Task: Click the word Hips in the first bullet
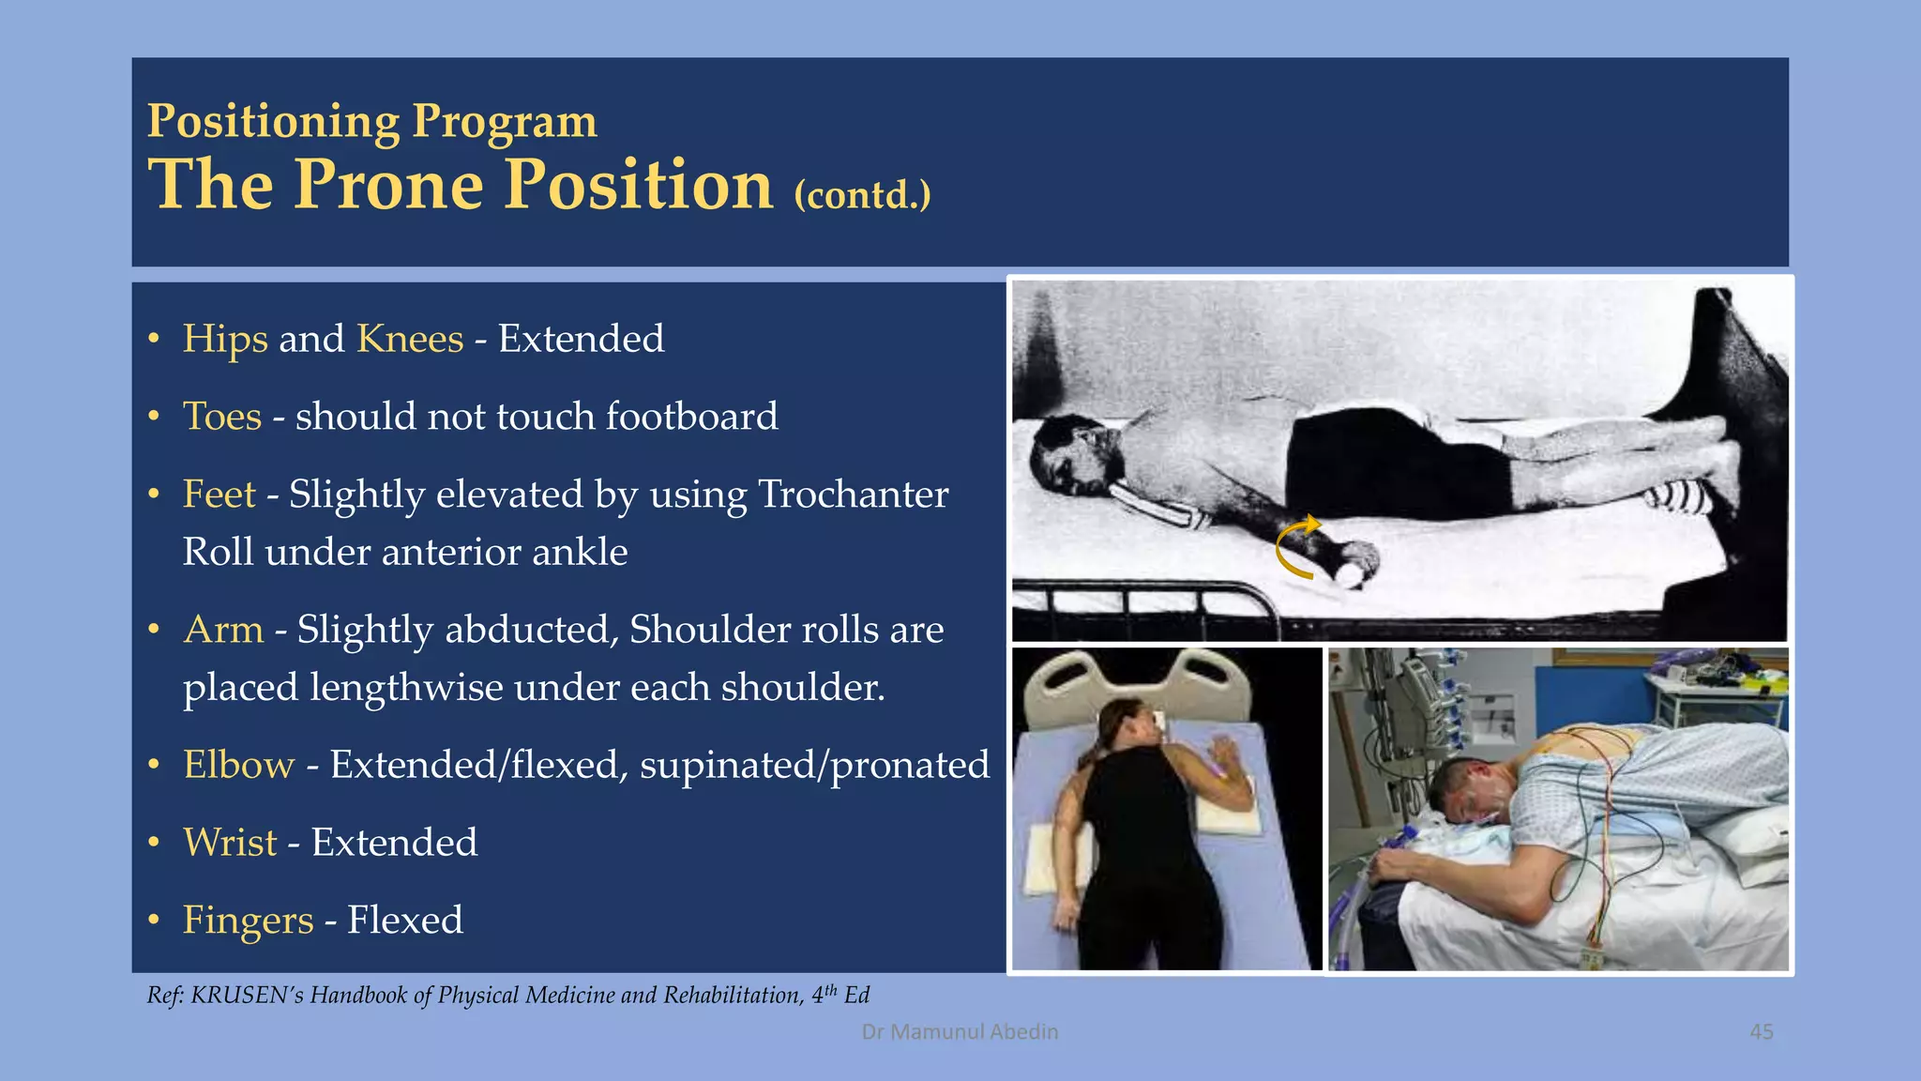coord(225,340)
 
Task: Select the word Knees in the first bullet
coord(410,340)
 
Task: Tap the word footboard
coord(691,417)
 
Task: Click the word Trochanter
coord(853,495)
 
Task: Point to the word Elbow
coord(238,766)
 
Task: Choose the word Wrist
coord(230,843)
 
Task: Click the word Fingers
coord(248,921)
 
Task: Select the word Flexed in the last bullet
coord(404,921)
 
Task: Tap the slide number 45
coord(1761,1032)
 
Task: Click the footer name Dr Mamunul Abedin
coord(960,1032)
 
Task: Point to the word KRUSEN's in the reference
coord(248,996)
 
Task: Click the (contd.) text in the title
coord(862,195)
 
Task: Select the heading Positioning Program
coord(371,122)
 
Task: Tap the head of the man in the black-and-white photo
coord(1069,457)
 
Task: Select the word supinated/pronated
coord(814,766)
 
